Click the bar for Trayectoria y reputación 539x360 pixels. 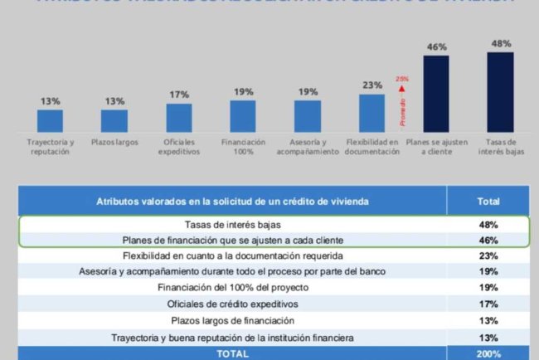tap(50, 121)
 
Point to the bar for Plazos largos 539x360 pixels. tap(114, 121)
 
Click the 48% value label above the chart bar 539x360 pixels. tap(500, 43)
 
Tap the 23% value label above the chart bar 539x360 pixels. tap(372, 85)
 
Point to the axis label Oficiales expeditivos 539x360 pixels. tap(178, 147)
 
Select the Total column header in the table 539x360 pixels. tap(488, 201)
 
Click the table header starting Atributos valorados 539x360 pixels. tap(232, 201)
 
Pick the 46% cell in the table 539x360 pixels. tap(488, 239)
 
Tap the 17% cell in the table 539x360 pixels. tap(488, 304)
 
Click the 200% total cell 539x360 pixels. tap(488, 353)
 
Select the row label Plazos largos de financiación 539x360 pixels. tap(232, 320)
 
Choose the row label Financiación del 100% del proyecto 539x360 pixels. tap(232, 288)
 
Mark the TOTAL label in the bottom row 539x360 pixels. tap(232, 353)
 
